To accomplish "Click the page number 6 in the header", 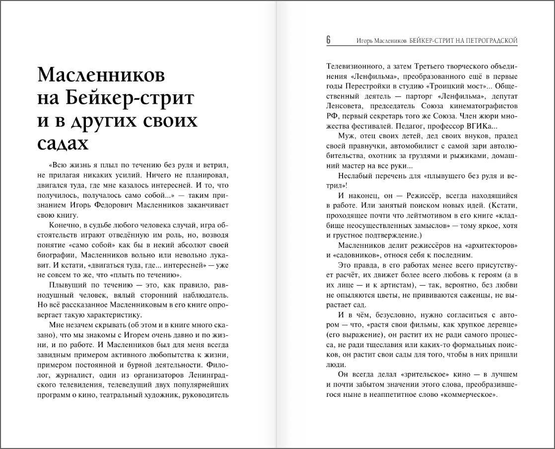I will pos(329,40).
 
